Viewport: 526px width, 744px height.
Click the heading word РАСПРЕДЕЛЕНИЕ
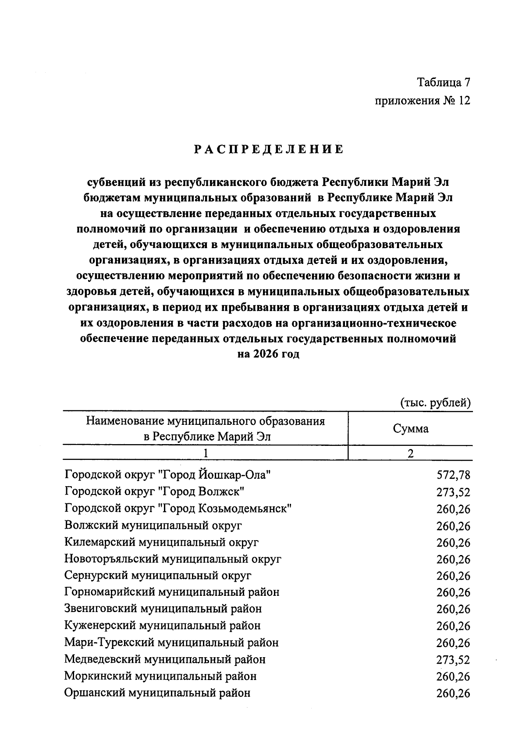[269, 150]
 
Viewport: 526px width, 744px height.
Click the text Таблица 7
[443, 82]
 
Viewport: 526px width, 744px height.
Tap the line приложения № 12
[422, 101]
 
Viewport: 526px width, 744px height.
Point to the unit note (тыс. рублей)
[435, 402]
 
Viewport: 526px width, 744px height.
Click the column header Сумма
[410, 429]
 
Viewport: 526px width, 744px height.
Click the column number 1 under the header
[205, 453]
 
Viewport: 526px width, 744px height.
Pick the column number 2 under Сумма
[410, 453]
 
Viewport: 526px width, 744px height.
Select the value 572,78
[453, 475]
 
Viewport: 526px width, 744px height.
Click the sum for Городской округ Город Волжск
[453, 492]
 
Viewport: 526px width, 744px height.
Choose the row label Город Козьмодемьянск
[178, 509]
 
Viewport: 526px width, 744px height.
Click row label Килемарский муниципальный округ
[161, 542]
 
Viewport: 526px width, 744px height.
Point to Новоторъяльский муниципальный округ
[173, 559]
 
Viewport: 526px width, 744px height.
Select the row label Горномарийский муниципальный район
[171, 592]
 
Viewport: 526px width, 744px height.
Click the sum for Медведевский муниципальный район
[453, 660]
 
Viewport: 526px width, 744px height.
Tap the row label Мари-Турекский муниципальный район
[171, 643]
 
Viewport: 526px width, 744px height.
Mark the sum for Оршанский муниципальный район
[453, 693]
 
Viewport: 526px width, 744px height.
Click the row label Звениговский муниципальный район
[163, 609]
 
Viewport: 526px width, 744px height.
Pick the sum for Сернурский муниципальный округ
[453, 576]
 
